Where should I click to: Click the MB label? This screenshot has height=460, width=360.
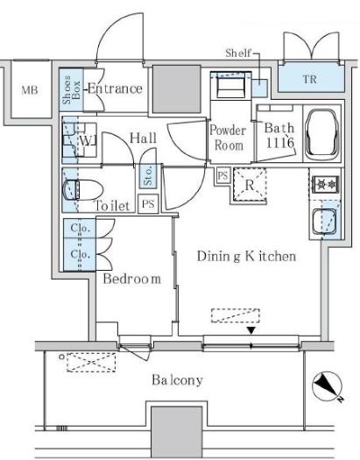pos(30,90)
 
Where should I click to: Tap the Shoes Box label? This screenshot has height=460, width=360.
pos(71,89)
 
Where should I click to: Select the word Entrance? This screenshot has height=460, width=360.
pos(116,88)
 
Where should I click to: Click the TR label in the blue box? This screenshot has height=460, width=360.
pos(310,79)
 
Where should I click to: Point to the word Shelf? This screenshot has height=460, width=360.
pos(238,53)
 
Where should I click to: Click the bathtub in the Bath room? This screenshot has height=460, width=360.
pos(321,134)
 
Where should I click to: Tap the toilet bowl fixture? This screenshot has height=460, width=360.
pos(83,190)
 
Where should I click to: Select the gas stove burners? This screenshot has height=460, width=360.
pos(327,184)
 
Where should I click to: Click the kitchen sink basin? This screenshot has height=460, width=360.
pos(325,221)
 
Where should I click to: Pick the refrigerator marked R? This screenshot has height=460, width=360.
pos(250,185)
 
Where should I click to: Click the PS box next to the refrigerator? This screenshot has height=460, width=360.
pos(222,175)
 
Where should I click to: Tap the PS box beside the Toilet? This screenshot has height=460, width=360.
pos(148,203)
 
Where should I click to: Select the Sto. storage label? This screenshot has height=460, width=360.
pos(148,176)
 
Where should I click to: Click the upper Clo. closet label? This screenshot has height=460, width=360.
pos(80,228)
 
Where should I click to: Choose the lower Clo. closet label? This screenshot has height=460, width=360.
pos(80,254)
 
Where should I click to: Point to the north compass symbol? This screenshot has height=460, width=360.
pos(328,386)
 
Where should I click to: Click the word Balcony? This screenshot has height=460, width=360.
pos(177,380)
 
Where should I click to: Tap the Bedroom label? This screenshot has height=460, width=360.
pos(132,279)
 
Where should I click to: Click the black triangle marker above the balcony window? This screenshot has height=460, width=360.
pos(251,330)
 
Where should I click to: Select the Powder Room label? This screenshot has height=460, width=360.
pos(228,138)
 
